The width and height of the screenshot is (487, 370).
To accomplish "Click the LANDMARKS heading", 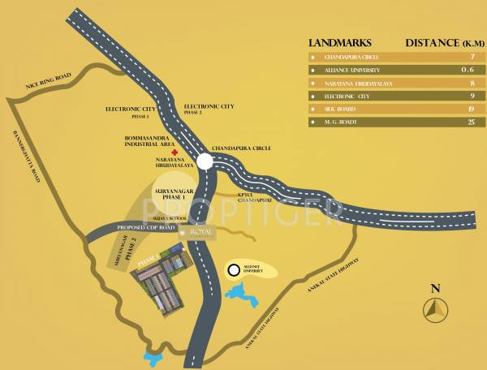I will pyautogui.click(x=339, y=42).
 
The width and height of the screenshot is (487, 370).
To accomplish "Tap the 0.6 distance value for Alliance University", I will pyautogui.click(x=467, y=70).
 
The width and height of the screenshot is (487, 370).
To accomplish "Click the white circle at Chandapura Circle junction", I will pyautogui.click(x=205, y=161).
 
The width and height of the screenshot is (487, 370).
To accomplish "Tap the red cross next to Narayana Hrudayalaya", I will pyautogui.click(x=173, y=152).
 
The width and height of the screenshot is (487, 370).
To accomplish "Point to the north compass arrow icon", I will pyautogui.click(x=436, y=308).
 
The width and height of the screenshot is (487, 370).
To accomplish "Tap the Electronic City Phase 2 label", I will pyautogui.click(x=209, y=109).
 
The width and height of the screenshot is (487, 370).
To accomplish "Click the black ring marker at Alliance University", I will pyautogui.click(x=234, y=270).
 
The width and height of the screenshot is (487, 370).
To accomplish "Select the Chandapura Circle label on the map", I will pyautogui.click(x=241, y=149).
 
